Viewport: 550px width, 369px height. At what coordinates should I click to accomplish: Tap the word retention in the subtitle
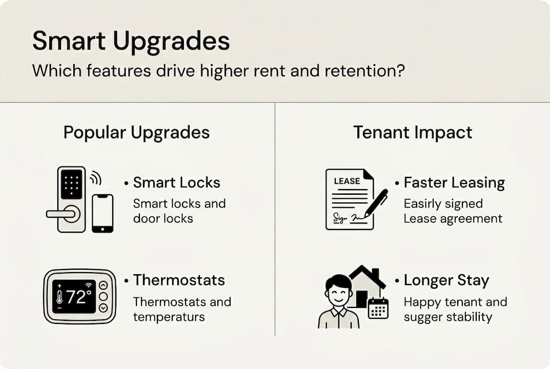[364, 71]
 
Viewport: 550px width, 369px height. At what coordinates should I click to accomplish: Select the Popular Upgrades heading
[136, 133]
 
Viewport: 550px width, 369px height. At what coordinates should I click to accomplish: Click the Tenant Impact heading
[413, 133]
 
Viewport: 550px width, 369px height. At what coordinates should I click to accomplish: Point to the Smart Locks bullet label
[176, 182]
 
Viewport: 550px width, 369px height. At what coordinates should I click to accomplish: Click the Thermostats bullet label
[179, 280]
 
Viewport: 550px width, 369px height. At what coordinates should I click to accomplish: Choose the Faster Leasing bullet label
[454, 183]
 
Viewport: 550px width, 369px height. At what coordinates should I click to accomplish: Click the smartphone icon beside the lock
[103, 213]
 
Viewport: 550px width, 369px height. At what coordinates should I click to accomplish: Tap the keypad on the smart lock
[72, 184]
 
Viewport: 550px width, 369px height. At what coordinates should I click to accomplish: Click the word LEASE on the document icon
[347, 181]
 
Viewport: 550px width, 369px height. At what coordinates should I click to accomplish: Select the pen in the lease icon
[376, 203]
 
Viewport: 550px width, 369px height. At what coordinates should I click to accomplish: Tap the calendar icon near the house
[378, 308]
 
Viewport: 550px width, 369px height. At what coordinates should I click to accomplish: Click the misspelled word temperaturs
[169, 317]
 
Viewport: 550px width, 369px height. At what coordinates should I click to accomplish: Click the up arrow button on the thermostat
[103, 285]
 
